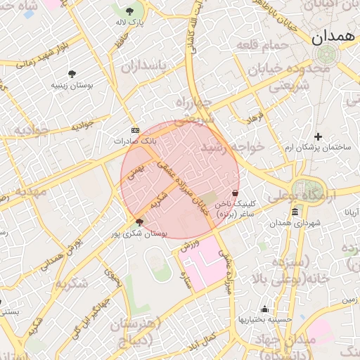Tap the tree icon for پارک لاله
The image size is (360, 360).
click(x=130, y=11)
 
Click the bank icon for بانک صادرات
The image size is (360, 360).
click(x=135, y=130)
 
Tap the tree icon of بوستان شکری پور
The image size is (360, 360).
click(x=139, y=223)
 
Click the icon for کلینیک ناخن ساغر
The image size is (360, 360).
click(x=235, y=193)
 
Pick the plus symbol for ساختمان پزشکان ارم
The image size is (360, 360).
click(x=318, y=136)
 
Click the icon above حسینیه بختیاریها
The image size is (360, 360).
click(x=264, y=309)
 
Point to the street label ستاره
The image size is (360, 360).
click(x=187, y=284)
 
